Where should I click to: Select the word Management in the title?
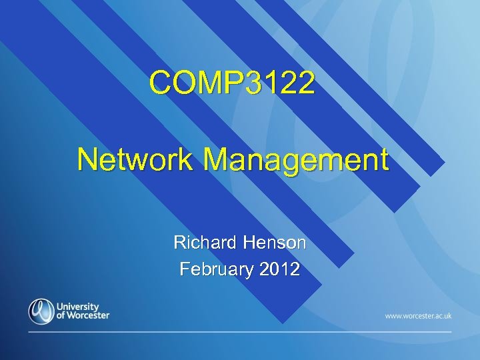click(x=296, y=161)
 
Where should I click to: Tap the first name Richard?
click(x=205, y=243)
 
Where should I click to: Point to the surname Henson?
click(x=274, y=243)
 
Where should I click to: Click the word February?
click(x=217, y=269)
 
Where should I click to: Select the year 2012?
click(x=281, y=269)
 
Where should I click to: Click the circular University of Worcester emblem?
click(x=41, y=311)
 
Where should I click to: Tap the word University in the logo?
click(x=79, y=306)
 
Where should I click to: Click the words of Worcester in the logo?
click(x=83, y=315)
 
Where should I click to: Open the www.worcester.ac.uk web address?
click(x=418, y=315)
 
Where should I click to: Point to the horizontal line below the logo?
click(x=240, y=331)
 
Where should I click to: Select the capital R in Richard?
click(x=179, y=243)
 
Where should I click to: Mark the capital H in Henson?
click(x=249, y=243)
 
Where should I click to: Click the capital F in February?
click(x=185, y=269)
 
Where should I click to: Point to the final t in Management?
click(x=383, y=161)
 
